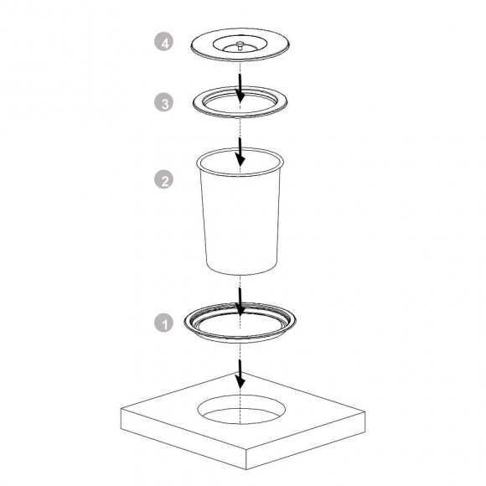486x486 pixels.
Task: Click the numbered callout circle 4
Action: tap(167, 42)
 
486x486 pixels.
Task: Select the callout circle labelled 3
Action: tap(167, 102)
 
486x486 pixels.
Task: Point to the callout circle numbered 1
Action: tap(167, 322)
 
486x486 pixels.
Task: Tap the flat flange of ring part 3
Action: tap(201, 102)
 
